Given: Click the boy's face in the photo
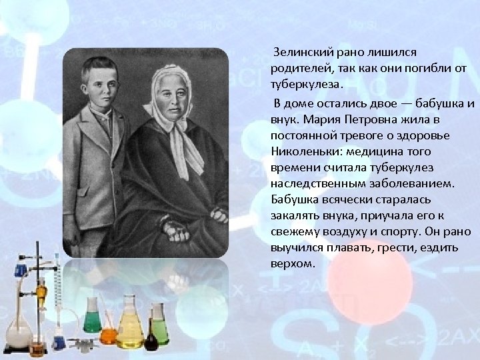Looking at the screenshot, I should pyautogui.click(x=101, y=80).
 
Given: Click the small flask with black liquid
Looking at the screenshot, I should pyautogui.click(x=151, y=341).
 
